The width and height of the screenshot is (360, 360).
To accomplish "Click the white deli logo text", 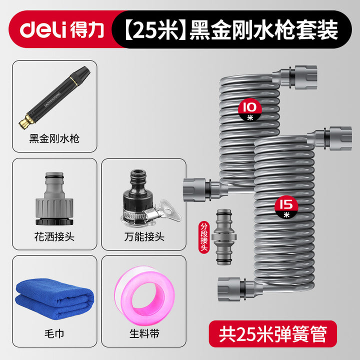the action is pyautogui.click(x=43, y=29).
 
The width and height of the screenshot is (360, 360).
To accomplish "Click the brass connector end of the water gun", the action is pyautogui.click(x=26, y=121).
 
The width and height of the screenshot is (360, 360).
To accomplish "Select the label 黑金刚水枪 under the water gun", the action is pyautogui.click(x=54, y=138).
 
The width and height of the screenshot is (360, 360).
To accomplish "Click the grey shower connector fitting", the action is pyautogui.click(x=54, y=198).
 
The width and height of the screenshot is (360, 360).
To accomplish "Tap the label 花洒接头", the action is pyautogui.click(x=54, y=236).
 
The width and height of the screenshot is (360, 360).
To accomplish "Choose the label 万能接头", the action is pyautogui.click(x=144, y=236).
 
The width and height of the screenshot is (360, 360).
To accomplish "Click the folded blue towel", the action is pyautogui.click(x=54, y=298).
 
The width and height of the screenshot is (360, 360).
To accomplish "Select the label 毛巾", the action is pyautogui.click(x=54, y=333).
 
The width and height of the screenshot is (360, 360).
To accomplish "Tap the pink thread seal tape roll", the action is pyautogui.click(x=144, y=295).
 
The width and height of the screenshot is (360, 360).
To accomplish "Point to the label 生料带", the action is pyautogui.click(x=144, y=333).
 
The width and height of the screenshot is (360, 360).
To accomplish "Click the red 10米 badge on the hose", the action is pyautogui.click(x=250, y=110).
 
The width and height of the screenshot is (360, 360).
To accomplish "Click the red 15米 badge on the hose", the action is pyautogui.click(x=286, y=207).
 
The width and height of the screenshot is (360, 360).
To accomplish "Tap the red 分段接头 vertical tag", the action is pyautogui.click(x=204, y=237).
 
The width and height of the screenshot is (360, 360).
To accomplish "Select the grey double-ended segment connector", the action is pyautogui.click(x=224, y=237).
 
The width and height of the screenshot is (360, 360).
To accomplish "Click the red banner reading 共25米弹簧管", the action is pyautogui.click(x=273, y=334).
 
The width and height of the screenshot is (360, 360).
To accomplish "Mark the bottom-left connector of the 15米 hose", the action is pyautogui.click(x=236, y=289).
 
